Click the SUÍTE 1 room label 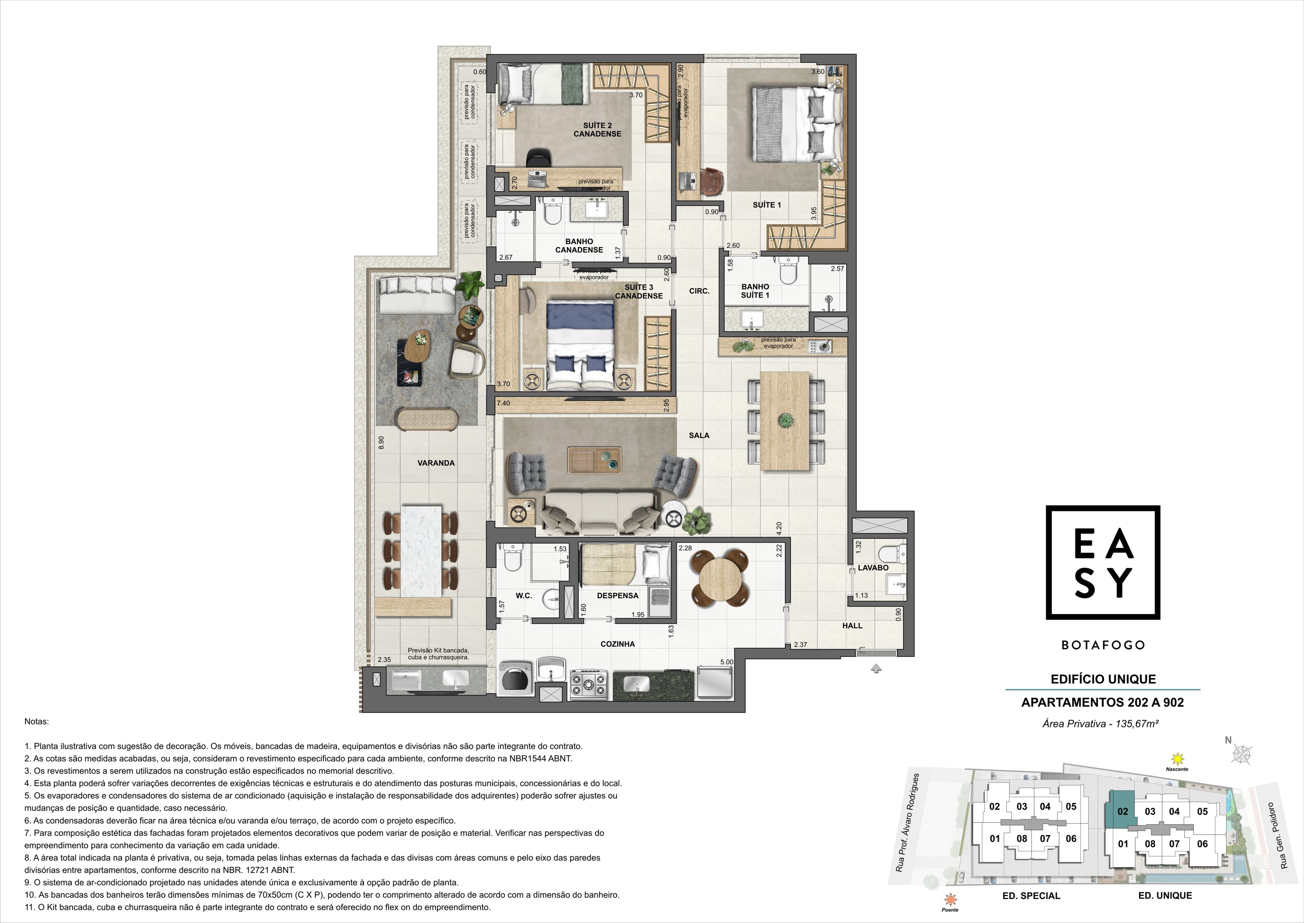(767, 204)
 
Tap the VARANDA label (436, 462)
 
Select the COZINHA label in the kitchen (618, 644)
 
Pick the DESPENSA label (618, 595)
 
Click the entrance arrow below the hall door (876, 669)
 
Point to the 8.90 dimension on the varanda (381, 443)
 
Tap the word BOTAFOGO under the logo (1103, 645)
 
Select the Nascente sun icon (1177, 759)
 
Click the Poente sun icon (950, 899)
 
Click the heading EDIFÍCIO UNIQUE (1103, 679)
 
